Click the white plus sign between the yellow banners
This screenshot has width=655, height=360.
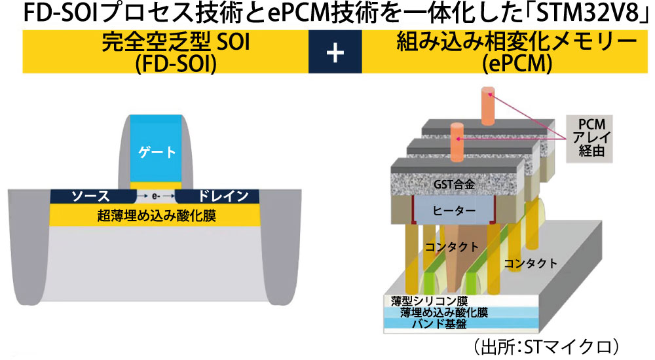[335, 52]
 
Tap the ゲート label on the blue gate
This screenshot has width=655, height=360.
[157, 152]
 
